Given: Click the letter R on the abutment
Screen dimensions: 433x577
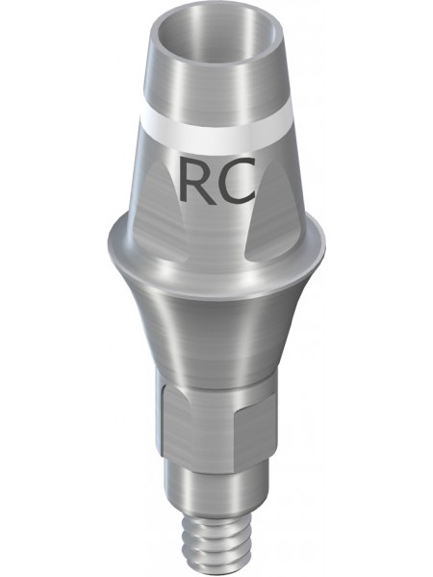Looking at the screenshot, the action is pos(196,181).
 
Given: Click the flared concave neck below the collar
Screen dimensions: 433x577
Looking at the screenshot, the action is pos(216,331).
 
